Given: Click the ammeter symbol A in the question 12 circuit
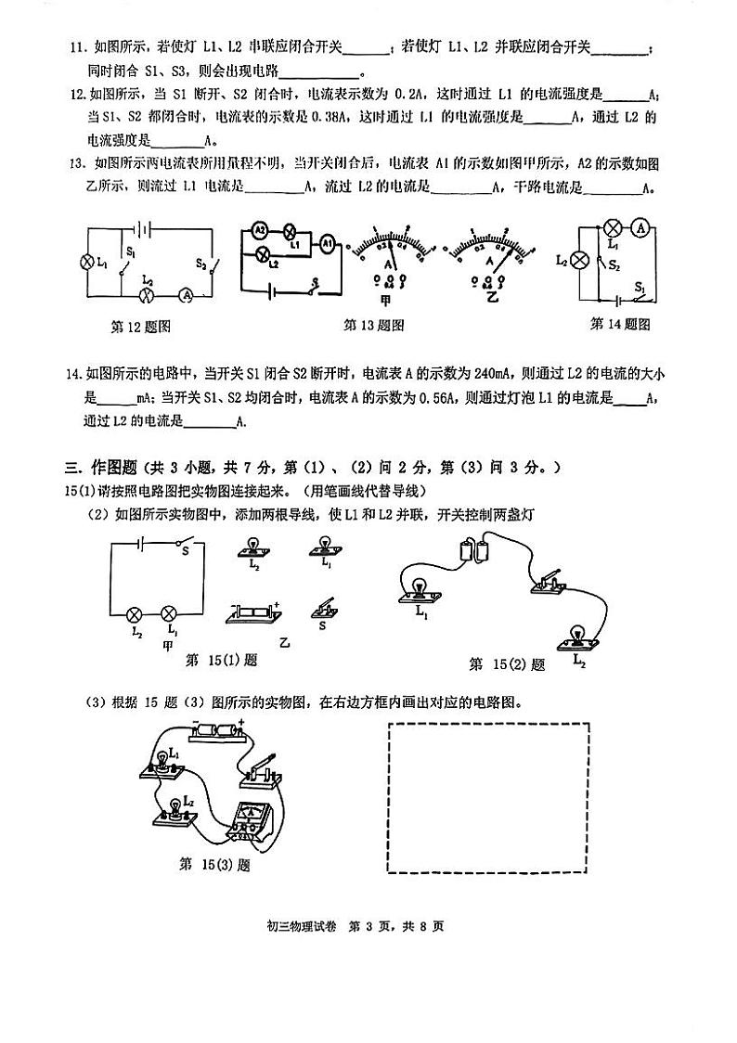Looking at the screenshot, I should tap(186, 294).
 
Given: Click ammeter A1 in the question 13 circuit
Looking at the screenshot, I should tap(328, 244).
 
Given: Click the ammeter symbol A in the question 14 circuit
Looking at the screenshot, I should tap(640, 228).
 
